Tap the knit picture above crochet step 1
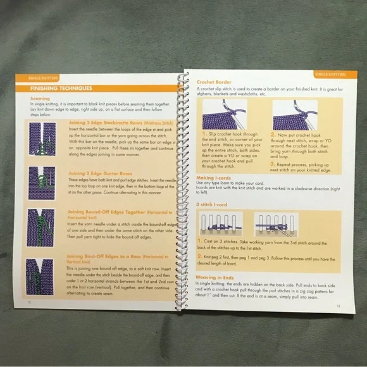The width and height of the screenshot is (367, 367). point(228,116)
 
